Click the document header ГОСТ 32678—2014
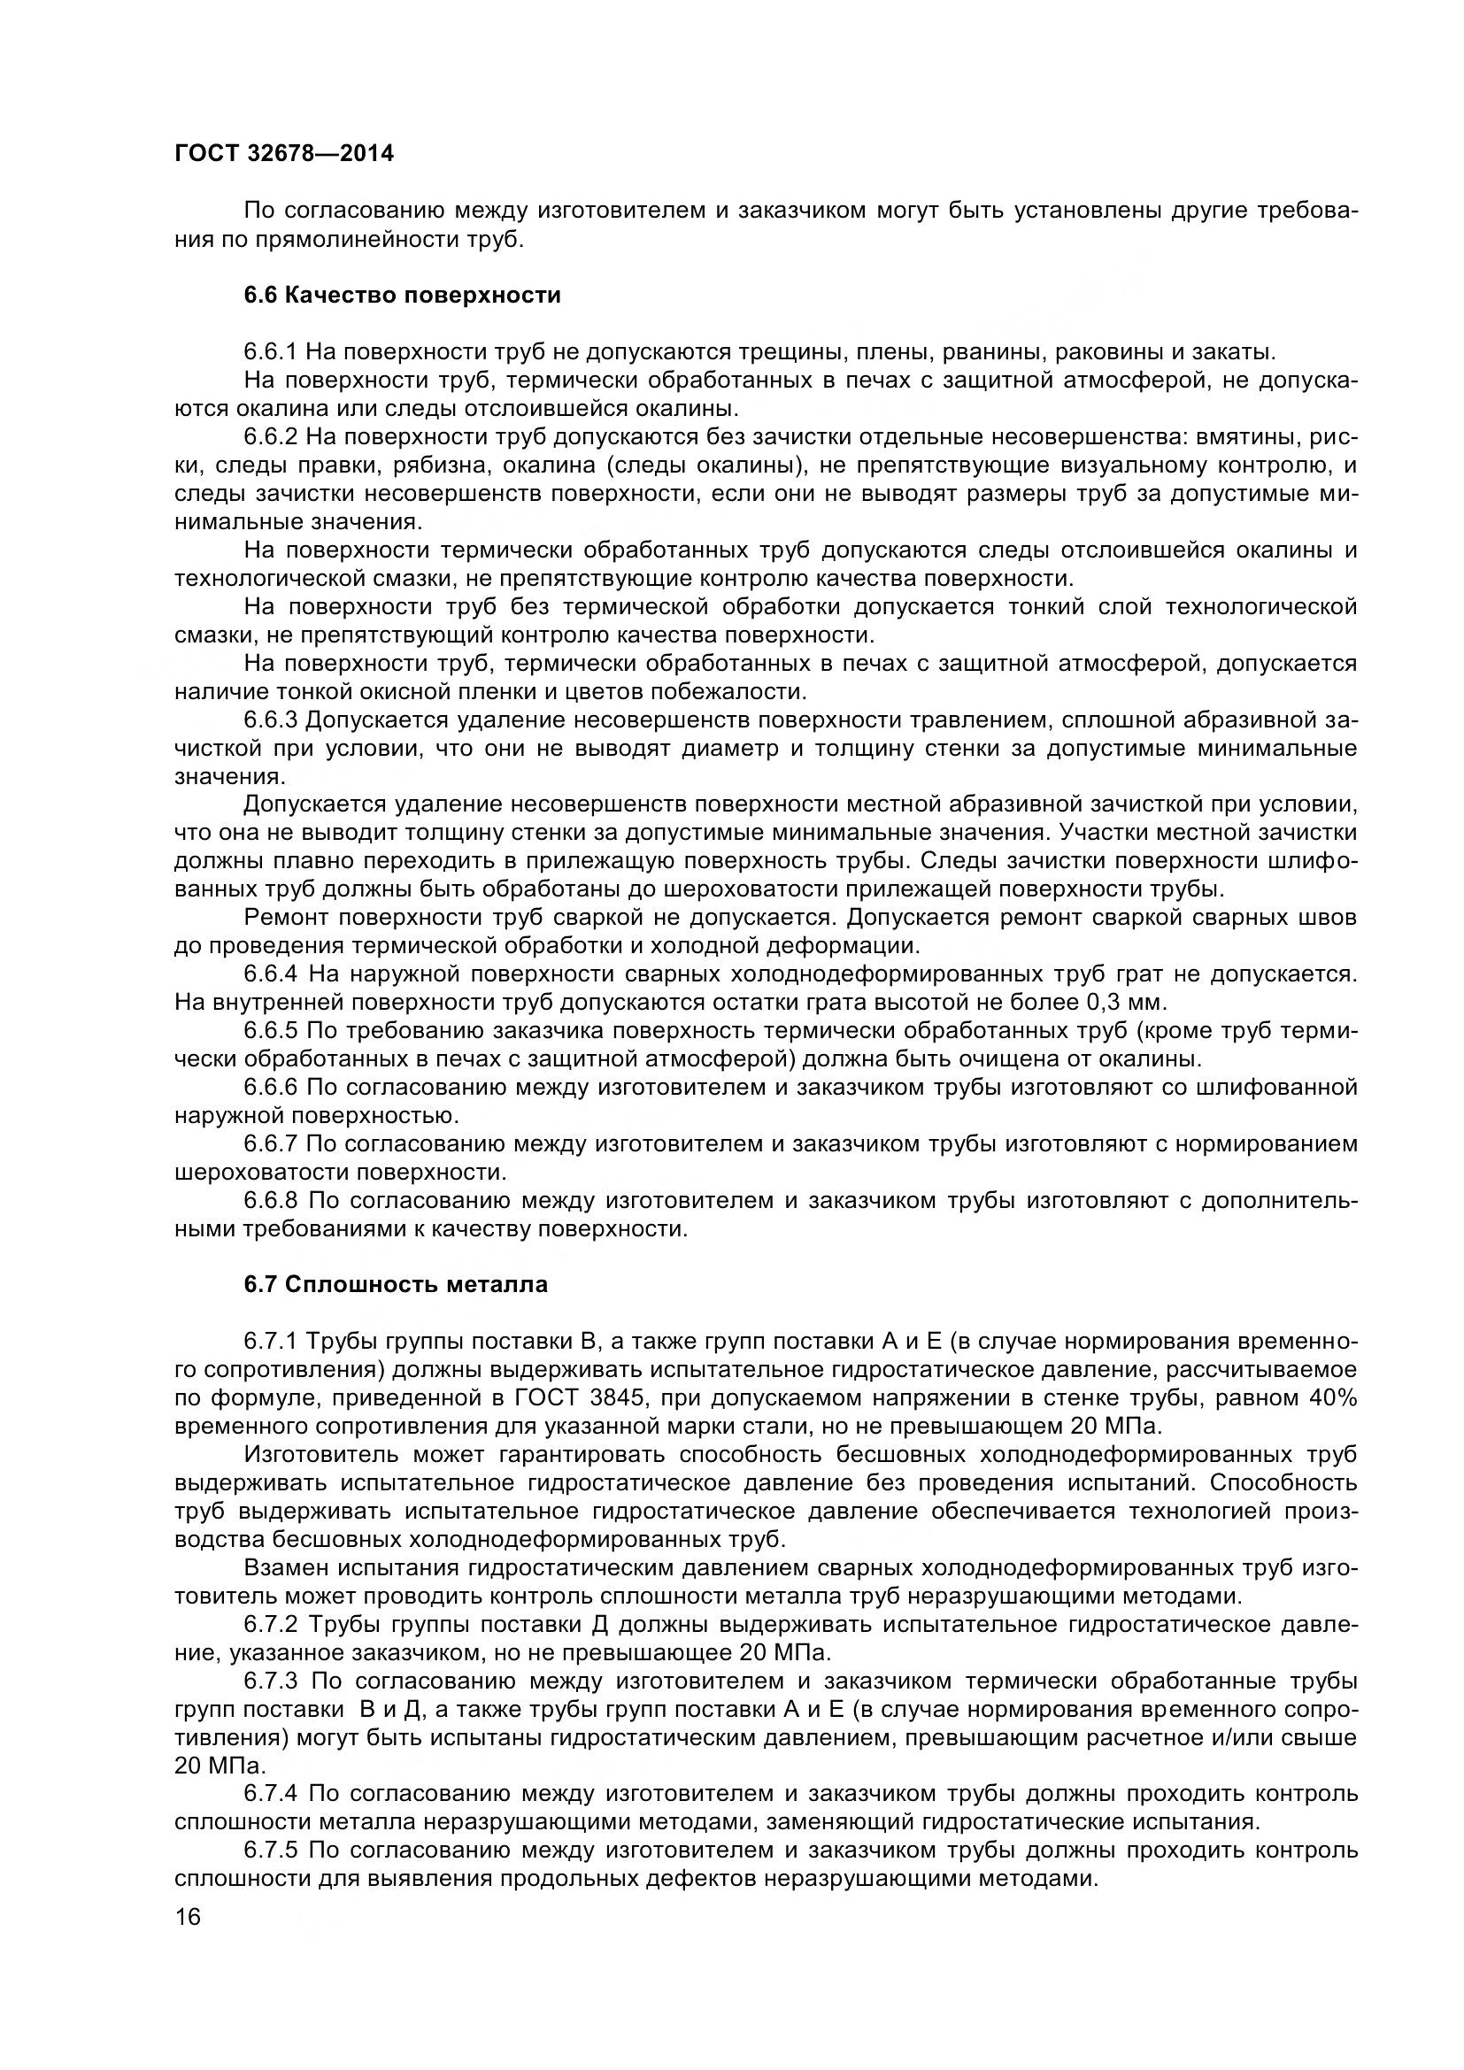click(x=284, y=154)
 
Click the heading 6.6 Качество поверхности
click(x=402, y=295)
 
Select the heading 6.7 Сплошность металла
click(x=396, y=1285)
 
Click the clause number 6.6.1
click(x=271, y=351)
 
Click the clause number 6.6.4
click(x=271, y=974)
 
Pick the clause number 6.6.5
click(x=271, y=1030)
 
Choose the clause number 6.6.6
click(x=271, y=1088)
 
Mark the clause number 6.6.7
click(x=271, y=1144)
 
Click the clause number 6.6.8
click(x=271, y=1201)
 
